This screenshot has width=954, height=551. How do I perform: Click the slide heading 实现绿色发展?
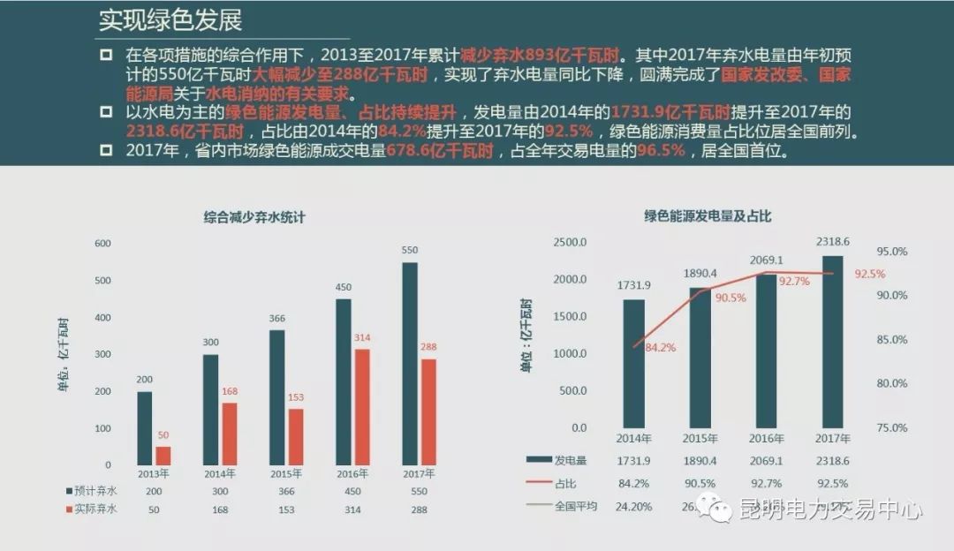pyautogui.click(x=170, y=19)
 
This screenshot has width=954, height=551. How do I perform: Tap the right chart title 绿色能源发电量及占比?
pyautogui.click(x=708, y=215)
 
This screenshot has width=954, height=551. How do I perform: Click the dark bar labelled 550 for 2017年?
pyautogui.click(x=410, y=363)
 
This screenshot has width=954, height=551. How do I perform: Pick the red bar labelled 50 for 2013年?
pyautogui.click(x=163, y=456)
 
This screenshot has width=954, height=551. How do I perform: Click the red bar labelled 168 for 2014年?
pyautogui.click(x=229, y=434)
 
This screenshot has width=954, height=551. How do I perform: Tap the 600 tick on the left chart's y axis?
pyautogui.click(x=103, y=244)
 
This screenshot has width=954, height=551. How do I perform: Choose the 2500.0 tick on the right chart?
pyautogui.click(x=570, y=243)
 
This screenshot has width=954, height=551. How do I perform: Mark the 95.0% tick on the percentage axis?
pyautogui.click(x=891, y=252)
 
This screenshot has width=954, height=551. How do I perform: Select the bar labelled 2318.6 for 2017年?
pyautogui.click(x=833, y=342)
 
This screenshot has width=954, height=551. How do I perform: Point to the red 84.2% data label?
pyautogui.click(x=660, y=348)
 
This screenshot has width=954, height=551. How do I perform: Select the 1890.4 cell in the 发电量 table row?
pyautogui.click(x=700, y=461)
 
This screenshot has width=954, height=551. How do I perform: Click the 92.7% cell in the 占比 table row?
pyautogui.click(x=767, y=483)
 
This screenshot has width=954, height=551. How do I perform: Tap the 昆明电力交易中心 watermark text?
pyautogui.click(x=830, y=510)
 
